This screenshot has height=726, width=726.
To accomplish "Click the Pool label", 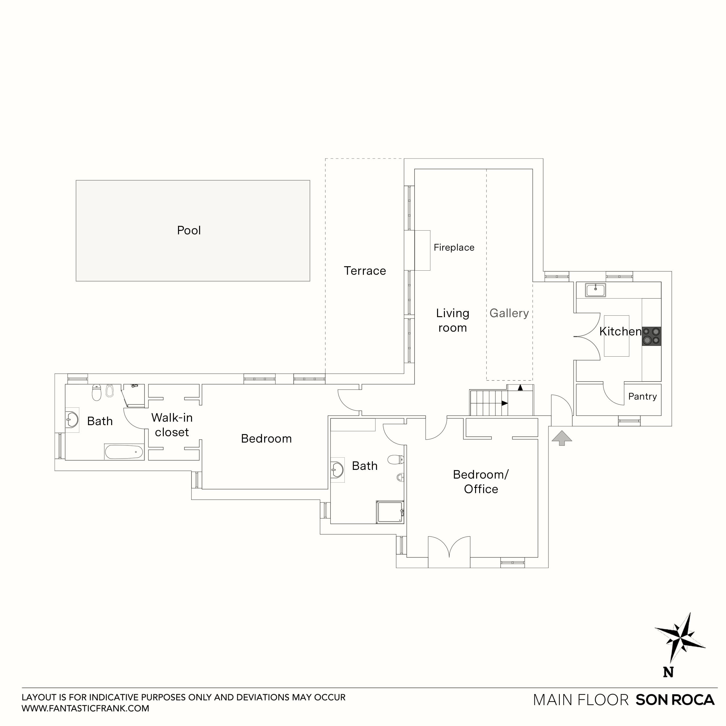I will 189,230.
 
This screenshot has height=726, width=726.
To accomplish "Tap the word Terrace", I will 364,271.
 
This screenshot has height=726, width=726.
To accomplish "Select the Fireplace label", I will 454,247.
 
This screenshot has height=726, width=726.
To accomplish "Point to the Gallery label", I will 509,313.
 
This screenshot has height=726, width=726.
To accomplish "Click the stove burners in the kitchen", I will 651,336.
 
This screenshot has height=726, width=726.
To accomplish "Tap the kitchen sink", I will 595,290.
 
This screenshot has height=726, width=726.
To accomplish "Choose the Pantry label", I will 642,396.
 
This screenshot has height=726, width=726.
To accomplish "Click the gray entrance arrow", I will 561,438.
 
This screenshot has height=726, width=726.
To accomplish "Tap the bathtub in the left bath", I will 124,452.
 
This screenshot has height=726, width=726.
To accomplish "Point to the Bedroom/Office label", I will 481,482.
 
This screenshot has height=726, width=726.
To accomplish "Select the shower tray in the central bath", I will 390,512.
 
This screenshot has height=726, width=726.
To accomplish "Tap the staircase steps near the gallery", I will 488,403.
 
